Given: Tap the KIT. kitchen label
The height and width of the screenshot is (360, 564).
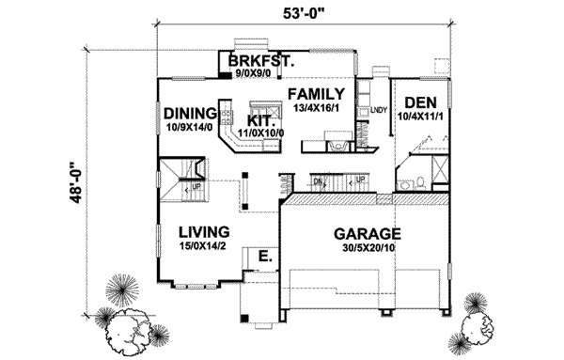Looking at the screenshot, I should coord(259,121).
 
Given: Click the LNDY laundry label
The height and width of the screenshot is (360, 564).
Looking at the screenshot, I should coord(379,112).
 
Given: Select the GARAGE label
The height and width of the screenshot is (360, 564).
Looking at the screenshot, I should coord(368,235).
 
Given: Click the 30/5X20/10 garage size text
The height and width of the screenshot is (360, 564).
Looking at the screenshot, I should coord(368,249).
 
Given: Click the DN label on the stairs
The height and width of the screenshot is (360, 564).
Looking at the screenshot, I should coord(318,181).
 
